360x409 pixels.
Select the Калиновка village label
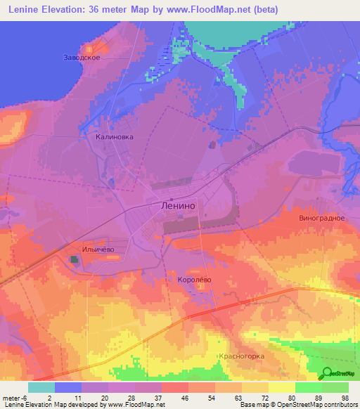pyautogui.click(x=115, y=138)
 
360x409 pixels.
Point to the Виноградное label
pyautogui.click(x=321, y=218)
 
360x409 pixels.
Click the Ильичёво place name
pyautogui.click(x=98, y=249)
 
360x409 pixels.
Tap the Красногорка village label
pyautogui.click(x=241, y=356)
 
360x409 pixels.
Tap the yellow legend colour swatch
pyautogui.click(x=282, y=387)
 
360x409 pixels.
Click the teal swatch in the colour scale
pyautogui.click(x=41, y=387)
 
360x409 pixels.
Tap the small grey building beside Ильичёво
pyautogui.click(x=74, y=260)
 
